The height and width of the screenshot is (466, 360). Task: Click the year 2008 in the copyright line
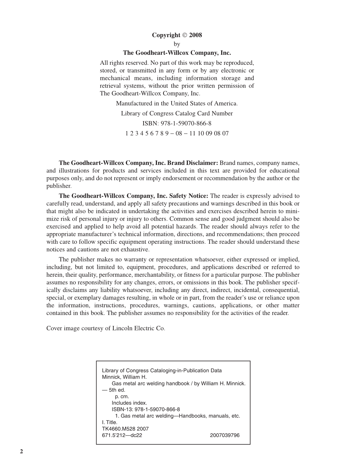pos(195,35)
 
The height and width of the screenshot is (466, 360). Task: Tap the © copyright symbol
pos(185,35)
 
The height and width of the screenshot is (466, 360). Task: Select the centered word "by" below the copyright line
pos(177,44)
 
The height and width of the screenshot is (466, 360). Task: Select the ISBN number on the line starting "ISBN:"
pos(186,123)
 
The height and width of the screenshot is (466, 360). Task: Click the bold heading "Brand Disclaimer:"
pos(193,163)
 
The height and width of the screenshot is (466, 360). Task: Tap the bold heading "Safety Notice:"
pos(189,196)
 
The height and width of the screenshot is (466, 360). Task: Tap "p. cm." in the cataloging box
pos(122,397)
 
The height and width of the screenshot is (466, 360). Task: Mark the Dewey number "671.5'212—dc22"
pos(122,435)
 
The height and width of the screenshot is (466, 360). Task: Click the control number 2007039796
pos(225,435)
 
